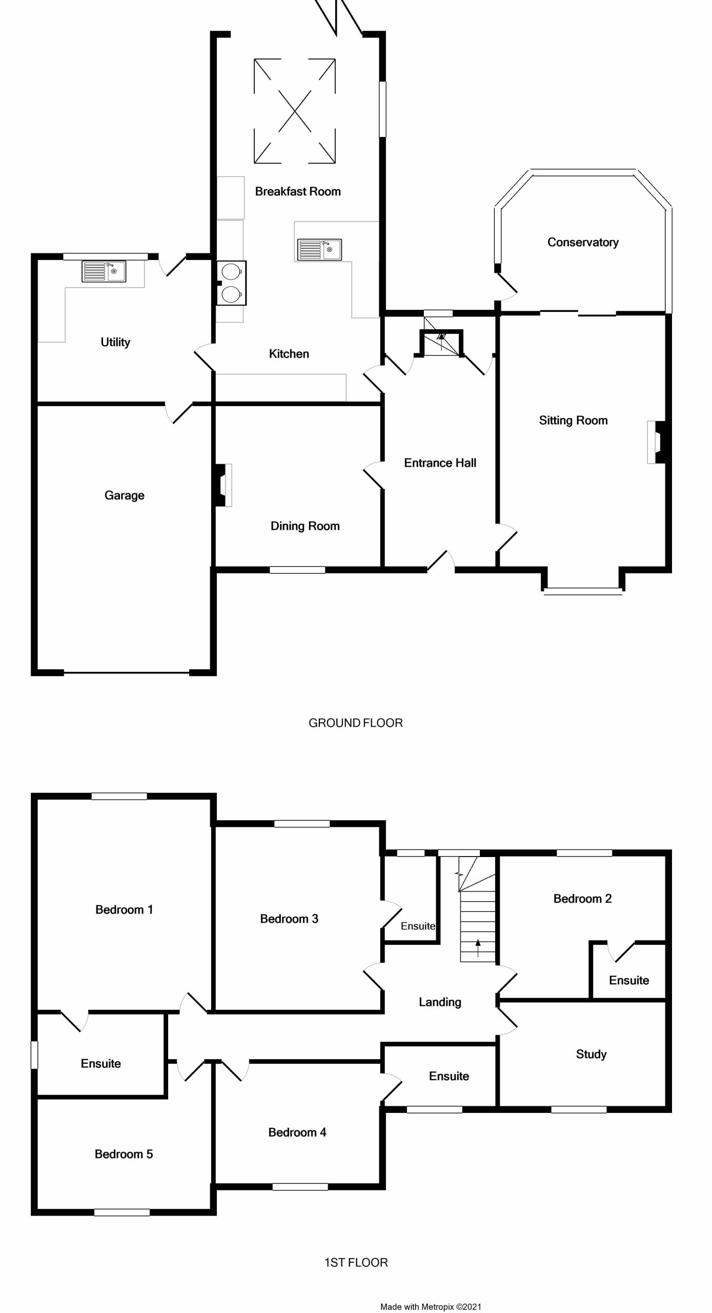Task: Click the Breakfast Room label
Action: click(298, 191)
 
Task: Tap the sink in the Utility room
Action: click(104, 271)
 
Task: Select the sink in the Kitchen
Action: click(320, 250)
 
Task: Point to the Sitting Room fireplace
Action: click(656, 442)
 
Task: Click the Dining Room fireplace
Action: click(223, 485)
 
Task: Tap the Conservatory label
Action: click(583, 242)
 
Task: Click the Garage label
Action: click(125, 495)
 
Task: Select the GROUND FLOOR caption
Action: click(356, 723)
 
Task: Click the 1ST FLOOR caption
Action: click(356, 1262)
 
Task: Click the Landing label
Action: click(440, 1002)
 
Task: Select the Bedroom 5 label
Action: click(124, 1154)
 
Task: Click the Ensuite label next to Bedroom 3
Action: click(418, 926)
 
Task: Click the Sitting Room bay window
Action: click(583, 591)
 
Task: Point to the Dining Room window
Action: click(297, 570)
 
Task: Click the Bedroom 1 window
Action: click(119, 797)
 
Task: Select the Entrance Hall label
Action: click(440, 463)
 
